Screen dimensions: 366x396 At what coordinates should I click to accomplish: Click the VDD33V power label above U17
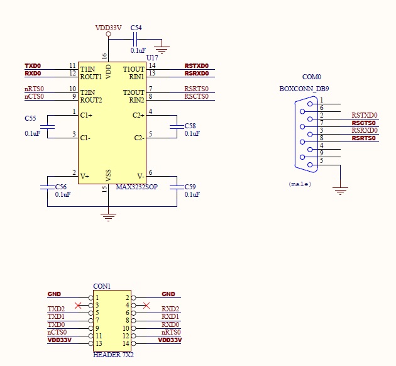click(x=108, y=28)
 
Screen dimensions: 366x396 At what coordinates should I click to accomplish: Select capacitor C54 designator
click(x=136, y=28)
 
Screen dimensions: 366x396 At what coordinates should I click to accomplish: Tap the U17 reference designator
click(x=152, y=57)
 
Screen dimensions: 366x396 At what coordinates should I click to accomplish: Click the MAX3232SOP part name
click(x=136, y=187)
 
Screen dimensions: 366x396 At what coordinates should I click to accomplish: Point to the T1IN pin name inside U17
click(x=87, y=69)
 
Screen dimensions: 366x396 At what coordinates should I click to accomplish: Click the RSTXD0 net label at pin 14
click(x=196, y=66)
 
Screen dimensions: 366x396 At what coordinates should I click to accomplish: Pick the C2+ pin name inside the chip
click(x=138, y=115)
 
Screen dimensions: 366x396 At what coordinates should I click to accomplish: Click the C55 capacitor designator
click(x=30, y=118)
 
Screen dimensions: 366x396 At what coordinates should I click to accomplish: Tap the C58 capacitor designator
click(x=190, y=126)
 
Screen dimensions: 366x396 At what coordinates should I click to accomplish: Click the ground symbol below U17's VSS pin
click(x=109, y=217)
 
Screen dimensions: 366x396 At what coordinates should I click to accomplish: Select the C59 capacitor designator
click(x=190, y=187)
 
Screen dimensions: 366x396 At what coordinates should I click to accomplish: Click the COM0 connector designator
click(x=312, y=77)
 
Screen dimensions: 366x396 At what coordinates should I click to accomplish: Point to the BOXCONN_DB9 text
click(x=304, y=89)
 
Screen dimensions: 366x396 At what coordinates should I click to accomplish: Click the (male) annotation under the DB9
click(x=300, y=184)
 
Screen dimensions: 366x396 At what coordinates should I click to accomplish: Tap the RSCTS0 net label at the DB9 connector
click(x=363, y=123)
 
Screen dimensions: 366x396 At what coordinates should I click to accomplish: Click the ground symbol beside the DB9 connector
click(x=340, y=190)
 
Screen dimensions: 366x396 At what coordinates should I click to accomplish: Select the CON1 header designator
click(x=102, y=286)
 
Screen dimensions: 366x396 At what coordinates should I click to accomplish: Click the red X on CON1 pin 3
click(x=78, y=306)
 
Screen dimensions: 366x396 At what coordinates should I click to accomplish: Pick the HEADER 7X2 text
click(x=113, y=355)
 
